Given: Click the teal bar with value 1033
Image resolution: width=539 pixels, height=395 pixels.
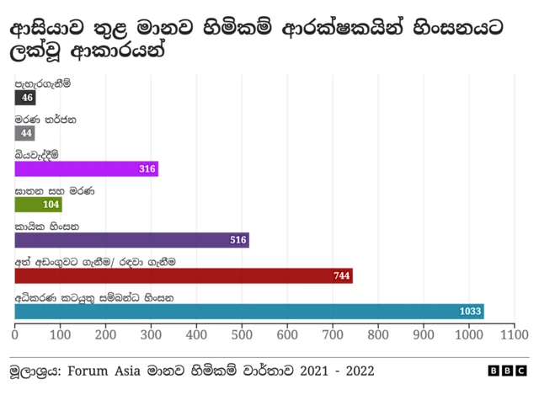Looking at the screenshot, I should (249, 312).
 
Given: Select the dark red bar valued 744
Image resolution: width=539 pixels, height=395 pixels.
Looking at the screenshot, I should (184, 276).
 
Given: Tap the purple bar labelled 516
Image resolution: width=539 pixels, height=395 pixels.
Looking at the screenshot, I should (131, 240).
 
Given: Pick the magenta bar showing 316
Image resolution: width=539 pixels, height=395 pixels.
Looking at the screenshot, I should (86, 168).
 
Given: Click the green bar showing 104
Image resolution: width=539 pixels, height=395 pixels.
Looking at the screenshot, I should (38, 205).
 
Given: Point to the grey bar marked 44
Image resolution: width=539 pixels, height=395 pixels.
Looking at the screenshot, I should (24, 133).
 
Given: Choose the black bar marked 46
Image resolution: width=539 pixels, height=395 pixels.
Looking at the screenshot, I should (24, 98).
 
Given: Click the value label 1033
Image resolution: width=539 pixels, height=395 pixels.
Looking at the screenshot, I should (471, 312).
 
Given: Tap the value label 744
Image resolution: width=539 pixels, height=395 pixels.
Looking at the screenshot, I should (341, 276).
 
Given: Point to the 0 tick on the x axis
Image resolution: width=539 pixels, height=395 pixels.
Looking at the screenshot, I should (14, 334).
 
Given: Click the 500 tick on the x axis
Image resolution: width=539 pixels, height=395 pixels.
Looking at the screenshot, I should (242, 334).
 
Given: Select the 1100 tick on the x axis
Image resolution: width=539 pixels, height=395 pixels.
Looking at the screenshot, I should (513, 334).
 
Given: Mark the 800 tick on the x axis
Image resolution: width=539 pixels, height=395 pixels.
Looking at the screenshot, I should (378, 334).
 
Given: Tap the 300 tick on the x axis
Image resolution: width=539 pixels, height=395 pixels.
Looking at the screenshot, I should (151, 334).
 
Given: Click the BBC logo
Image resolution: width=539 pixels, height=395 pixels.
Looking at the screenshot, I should (509, 371).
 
